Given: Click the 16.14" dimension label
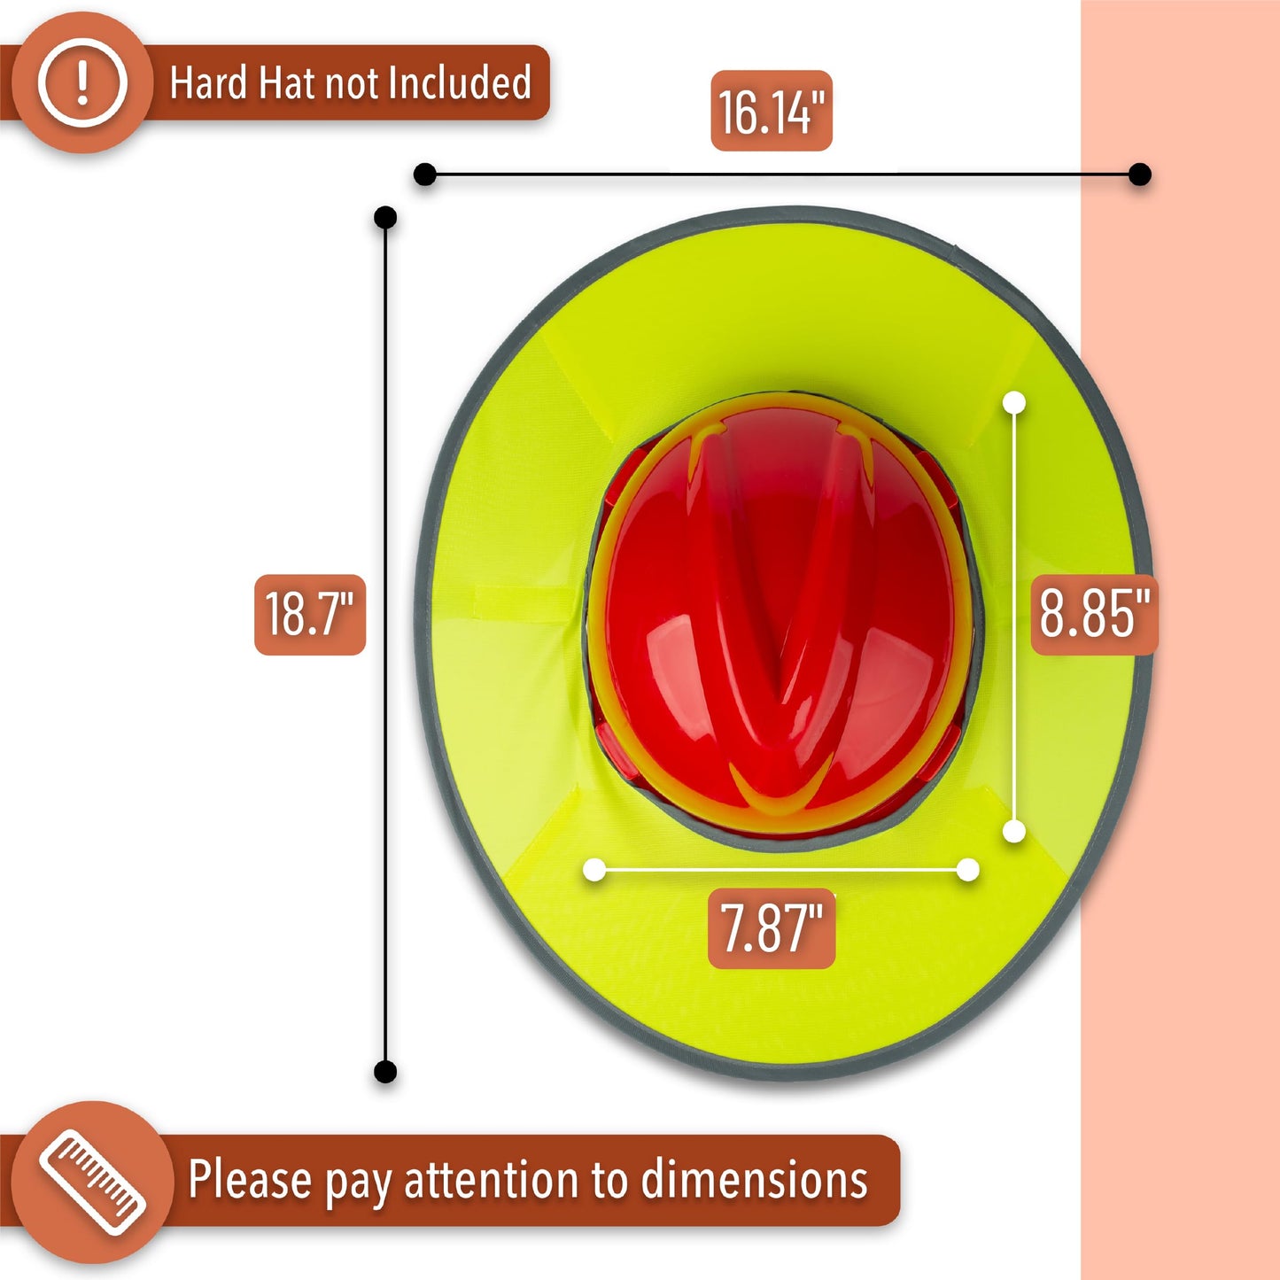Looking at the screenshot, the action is point(772,111).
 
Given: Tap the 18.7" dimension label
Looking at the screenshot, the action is point(309,615).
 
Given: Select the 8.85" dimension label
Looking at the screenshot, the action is point(1094,615).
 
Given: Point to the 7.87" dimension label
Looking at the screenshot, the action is point(772,928).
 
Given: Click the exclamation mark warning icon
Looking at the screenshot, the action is point(82,83).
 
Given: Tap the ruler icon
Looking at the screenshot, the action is point(92,1183).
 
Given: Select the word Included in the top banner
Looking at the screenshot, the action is point(459,83).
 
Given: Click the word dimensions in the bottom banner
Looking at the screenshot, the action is point(754,1181).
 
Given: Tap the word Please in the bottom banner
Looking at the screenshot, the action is point(250,1181).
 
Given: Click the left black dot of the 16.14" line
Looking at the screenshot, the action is point(425,175).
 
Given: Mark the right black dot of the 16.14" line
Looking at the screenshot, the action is point(1140,175).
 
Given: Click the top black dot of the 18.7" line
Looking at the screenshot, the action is point(385,217).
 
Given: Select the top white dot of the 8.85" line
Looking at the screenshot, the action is point(1014,402).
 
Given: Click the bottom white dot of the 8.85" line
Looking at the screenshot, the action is point(1014,831).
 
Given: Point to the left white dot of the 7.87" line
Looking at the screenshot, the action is point(594,870).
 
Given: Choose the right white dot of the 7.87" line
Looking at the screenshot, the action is point(968,870).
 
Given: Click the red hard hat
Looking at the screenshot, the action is point(784,611).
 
